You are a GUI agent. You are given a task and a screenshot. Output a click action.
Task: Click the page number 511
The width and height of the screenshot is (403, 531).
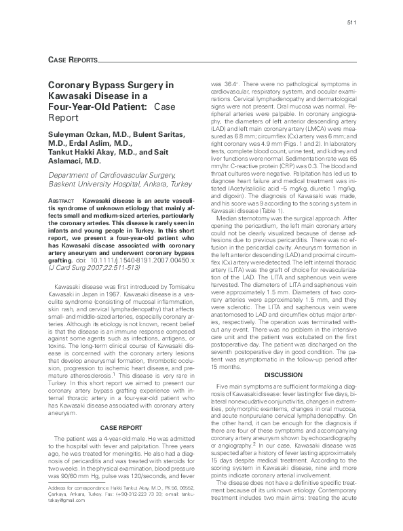coord(352,24)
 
